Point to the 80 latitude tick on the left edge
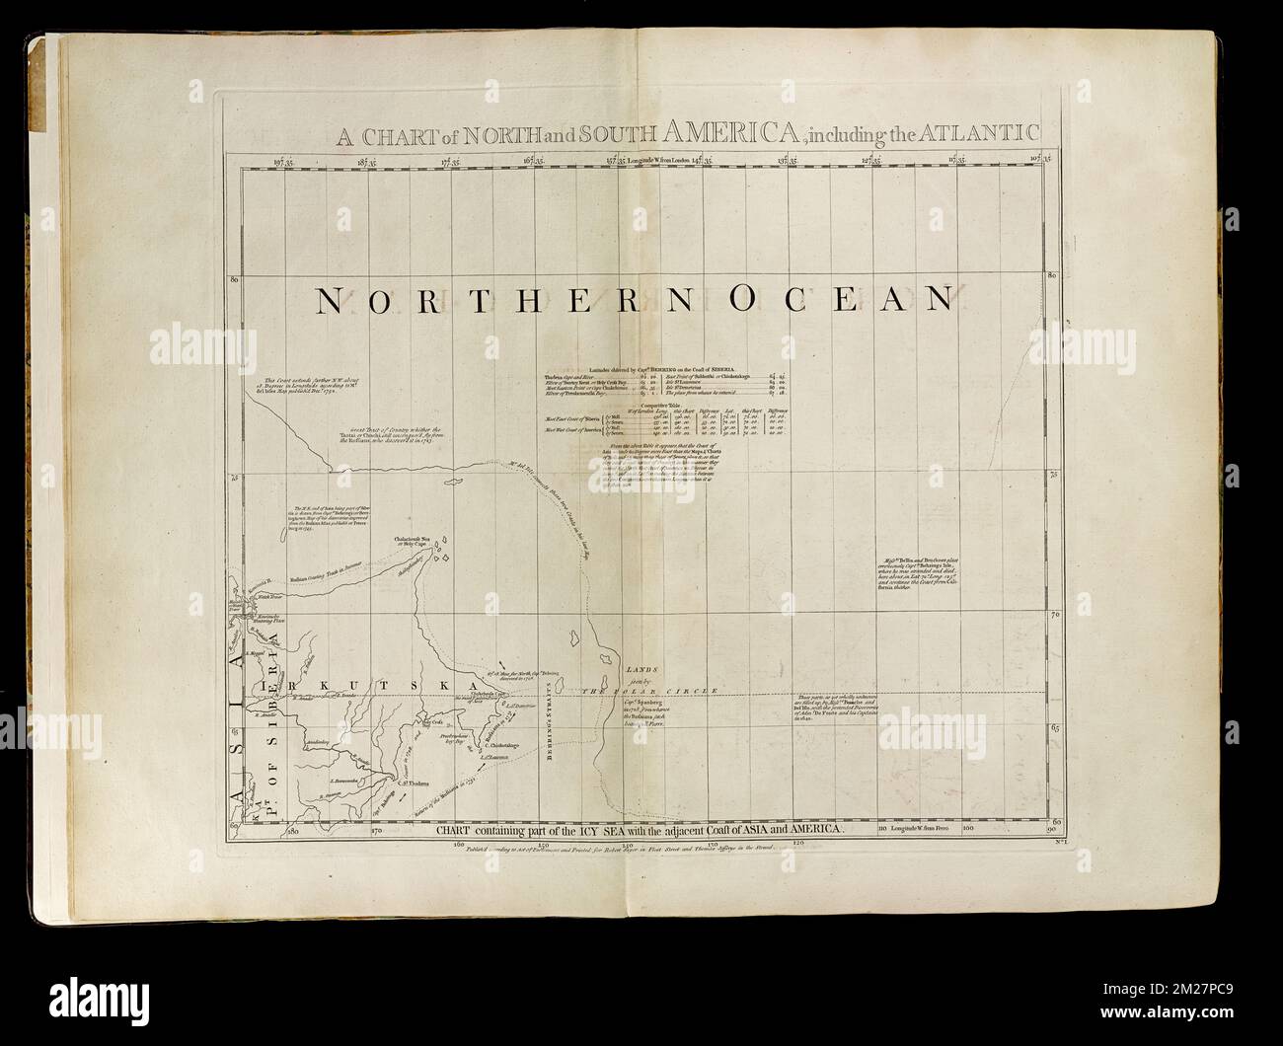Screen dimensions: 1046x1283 [x=235, y=280]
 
